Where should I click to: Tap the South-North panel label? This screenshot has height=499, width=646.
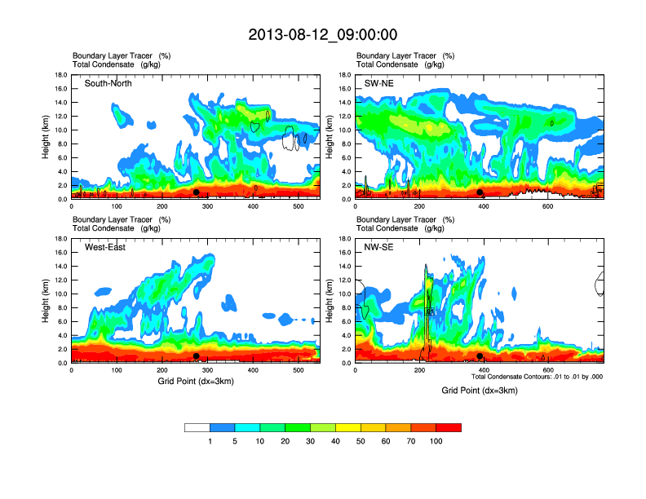click(108, 83)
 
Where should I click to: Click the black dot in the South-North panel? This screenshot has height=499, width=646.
click(197, 192)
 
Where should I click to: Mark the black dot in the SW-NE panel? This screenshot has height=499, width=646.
click(480, 192)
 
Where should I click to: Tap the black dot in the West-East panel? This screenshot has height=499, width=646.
click(197, 356)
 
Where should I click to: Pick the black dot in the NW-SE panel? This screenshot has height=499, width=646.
click(480, 356)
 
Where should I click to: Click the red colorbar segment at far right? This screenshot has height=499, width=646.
click(449, 427)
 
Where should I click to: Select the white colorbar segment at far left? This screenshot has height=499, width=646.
click(197, 427)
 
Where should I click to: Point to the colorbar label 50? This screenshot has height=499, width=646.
click(361, 441)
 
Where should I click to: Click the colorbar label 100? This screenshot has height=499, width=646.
click(436, 441)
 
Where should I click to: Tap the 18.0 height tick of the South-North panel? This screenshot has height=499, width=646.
click(60, 75)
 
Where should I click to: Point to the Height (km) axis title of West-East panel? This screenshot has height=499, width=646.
click(46, 301)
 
